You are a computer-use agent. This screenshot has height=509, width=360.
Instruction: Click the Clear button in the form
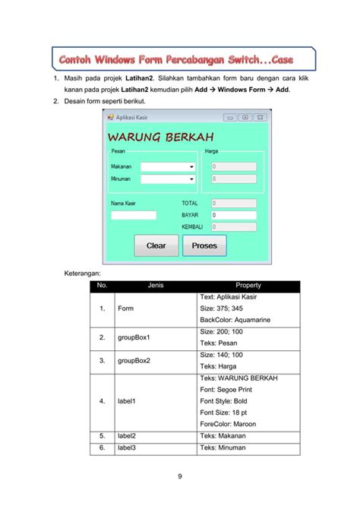coord(156,245)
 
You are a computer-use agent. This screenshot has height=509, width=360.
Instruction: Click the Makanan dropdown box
coord(168,166)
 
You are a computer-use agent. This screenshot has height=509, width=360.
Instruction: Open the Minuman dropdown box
coord(168,179)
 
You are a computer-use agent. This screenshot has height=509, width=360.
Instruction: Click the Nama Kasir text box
coord(134,216)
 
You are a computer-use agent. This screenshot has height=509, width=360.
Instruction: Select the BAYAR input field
coord(233,216)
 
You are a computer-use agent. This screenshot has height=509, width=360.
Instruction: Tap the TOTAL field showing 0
coord(233,204)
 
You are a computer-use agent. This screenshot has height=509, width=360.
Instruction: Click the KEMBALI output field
coord(233,227)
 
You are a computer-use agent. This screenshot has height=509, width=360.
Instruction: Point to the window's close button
coord(260,118)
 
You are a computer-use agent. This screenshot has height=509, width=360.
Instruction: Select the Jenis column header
coord(156,286)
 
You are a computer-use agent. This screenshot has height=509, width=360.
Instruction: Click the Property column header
coord(248,286)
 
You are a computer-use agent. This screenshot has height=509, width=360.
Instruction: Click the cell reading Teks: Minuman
coord(225,448)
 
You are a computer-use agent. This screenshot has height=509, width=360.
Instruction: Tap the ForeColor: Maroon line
coord(228,424)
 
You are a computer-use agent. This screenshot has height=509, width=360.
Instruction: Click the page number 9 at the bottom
coord(180,476)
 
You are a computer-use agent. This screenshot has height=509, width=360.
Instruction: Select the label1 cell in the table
coord(127,401)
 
